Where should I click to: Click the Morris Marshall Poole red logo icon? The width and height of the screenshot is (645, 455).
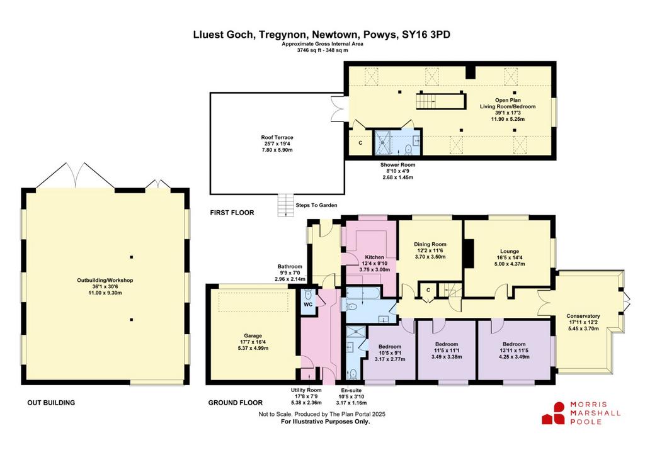click(x=554, y=413)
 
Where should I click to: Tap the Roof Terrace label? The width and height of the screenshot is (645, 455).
click(x=277, y=137)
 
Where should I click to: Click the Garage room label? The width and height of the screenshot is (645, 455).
click(x=253, y=336)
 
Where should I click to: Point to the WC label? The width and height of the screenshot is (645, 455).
click(x=308, y=305)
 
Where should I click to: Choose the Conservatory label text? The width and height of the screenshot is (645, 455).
click(x=583, y=316)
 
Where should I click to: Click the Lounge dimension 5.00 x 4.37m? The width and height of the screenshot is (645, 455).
click(x=510, y=264)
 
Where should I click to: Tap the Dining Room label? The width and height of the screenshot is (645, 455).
click(x=430, y=244)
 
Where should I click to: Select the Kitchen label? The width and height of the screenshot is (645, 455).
click(x=374, y=257)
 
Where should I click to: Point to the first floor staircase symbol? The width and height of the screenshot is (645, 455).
click(x=440, y=101)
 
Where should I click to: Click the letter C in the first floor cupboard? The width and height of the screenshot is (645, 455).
click(x=361, y=143)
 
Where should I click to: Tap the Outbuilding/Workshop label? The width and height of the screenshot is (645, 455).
click(x=105, y=280)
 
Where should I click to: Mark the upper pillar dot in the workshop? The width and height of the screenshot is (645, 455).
click(x=132, y=257)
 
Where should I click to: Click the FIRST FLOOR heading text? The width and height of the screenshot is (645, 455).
click(x=232, y=213)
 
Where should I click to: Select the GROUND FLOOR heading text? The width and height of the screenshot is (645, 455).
click(x=236, y=403)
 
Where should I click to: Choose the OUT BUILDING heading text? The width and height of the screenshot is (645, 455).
click(x=52, y=403)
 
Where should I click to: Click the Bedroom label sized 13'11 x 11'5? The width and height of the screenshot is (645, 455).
click(x=514, y=344)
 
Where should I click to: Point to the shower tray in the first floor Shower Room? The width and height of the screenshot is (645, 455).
click(x=382, y=142)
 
